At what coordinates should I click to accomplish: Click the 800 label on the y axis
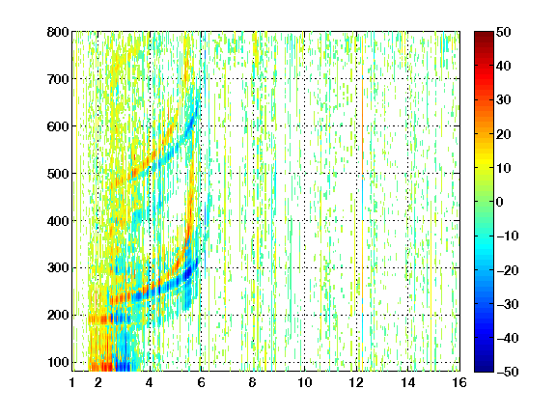point(58,32)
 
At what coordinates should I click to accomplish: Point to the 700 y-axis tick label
point(58,79)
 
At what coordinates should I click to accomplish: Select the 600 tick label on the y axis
point(58,126)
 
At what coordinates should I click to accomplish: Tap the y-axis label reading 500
point(58,174)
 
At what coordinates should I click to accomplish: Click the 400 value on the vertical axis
point(58,221)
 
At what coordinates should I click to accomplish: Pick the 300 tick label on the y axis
point(58,268)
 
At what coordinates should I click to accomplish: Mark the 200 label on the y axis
point(58,316)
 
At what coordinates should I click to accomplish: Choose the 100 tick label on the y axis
point(58,362)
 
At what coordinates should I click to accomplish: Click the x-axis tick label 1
point(72,382)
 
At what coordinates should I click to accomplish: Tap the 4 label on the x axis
point(150,382)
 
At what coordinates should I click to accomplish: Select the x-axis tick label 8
point(252,382)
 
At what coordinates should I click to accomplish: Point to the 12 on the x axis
point(356,382)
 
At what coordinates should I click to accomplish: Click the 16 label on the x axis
point(459,382)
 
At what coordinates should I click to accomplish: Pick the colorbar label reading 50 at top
point(503,32)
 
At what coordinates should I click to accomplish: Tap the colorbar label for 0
point(500,202)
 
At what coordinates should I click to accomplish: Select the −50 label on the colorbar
point(508,372)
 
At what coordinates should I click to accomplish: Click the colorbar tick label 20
point(503,134)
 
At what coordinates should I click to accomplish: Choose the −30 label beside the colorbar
point(508,304)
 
